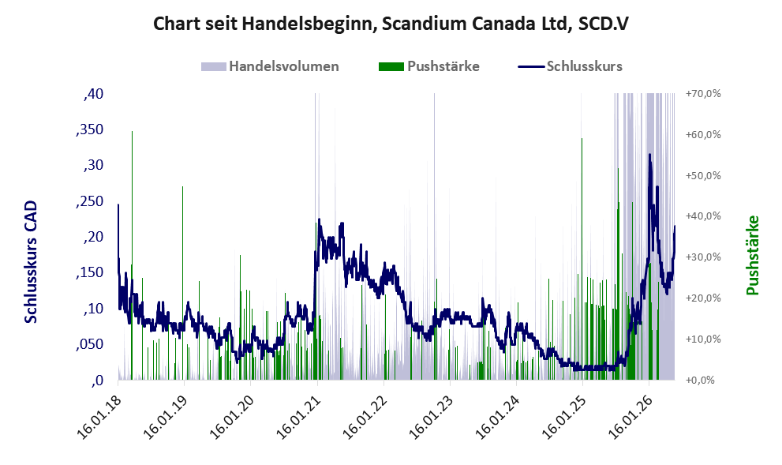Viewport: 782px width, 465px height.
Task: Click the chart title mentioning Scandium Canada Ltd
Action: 391,24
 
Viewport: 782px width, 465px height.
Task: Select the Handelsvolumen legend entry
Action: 270,66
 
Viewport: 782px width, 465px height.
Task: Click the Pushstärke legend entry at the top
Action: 429,66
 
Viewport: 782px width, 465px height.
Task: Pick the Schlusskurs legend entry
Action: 570,66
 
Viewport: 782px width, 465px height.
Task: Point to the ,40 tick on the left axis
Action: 93,94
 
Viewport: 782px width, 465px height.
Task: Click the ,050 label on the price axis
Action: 89,344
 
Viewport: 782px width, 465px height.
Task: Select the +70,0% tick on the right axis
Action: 703,94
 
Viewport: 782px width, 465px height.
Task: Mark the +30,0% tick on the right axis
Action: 703,257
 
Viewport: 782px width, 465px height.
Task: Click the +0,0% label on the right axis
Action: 700,381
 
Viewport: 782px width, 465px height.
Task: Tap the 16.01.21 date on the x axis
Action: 298,415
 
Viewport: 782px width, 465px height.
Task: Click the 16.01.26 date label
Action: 630,415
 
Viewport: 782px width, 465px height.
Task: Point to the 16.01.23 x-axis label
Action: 431,415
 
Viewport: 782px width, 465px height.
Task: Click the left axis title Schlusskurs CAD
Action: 31,262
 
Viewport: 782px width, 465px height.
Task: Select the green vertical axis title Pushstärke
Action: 753,255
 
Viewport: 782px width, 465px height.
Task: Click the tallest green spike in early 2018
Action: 132,255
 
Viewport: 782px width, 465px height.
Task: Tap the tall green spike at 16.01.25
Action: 582,259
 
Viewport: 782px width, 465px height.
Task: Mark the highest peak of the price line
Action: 649,155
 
